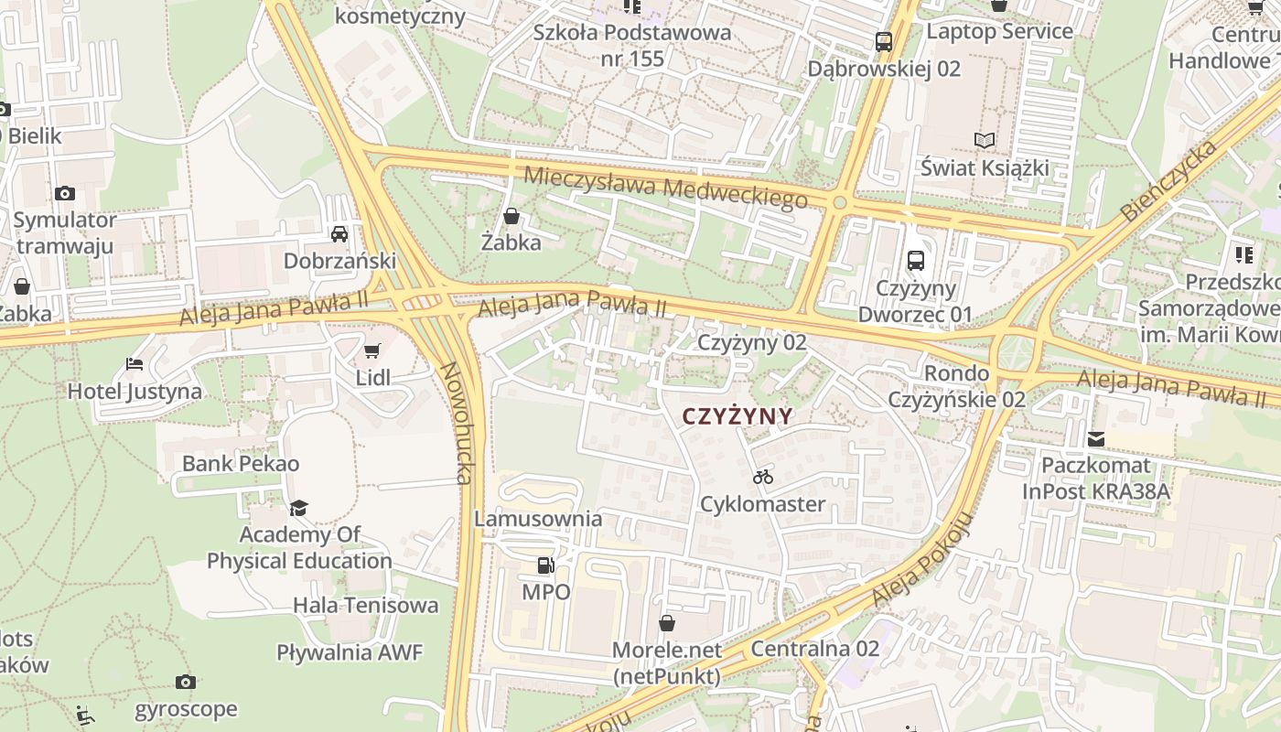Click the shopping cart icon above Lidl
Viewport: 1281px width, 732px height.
pyautogui.click(x=371, y=351)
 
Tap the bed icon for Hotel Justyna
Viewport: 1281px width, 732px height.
pyautogui.click(x=135, y=364)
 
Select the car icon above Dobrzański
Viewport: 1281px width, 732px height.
pyautogui.click(x=339, y=233)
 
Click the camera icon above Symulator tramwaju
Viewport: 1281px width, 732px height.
pyautogui.click(x=64, y=193)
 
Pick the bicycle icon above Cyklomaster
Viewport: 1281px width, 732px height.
pyautogui.click(x=762, y=477)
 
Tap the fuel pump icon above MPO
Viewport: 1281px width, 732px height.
pyautogui.click(x=545, y=565)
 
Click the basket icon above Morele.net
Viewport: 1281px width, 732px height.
pyautogui.click(x=667, y=623)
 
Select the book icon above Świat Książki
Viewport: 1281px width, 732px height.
pyautogui.click(x=985, y=141)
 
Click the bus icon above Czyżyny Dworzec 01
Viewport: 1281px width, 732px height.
pyautogui.click(x=915, y=261)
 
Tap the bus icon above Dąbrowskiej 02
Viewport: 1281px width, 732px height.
pyautogui.click(x=883, y=41)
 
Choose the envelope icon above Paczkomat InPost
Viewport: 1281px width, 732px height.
pyautogui.click(x=1095, y=439)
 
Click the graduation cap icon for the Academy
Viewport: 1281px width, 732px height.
pyautogui.click(x=298, y=508)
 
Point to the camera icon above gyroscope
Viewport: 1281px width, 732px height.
pyautogui.click(x=186, y=682)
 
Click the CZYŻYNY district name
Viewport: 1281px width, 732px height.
pyautogui.click(x=737, y=416)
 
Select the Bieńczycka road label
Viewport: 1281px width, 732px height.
pyautogui.click(x=1169, y=180)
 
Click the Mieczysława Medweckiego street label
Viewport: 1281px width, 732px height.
pyautogui.click(x=666, y=186)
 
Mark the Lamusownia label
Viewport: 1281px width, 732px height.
pyautogui.click(x=538, y=519)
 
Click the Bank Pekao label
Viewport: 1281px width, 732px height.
pyautogui.click(x=241, y=463)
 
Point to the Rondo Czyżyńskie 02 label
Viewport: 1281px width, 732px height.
pyautogui.click(x=957, y=386)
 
